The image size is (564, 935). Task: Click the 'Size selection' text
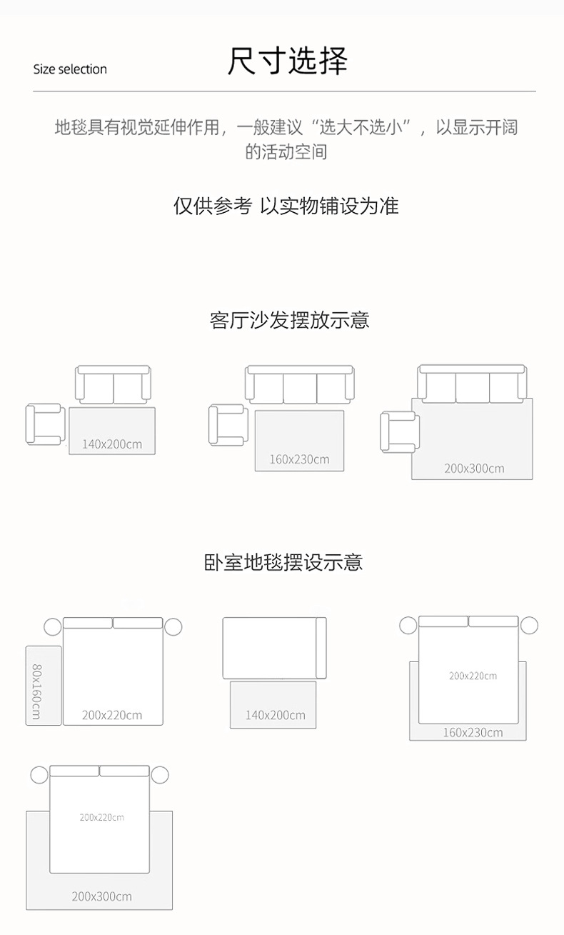70,69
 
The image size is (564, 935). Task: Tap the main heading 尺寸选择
287,61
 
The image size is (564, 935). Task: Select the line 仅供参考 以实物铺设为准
286,206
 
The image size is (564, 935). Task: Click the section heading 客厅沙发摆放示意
289,320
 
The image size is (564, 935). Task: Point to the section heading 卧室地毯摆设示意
283,562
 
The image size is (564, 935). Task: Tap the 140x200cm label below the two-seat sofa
111,444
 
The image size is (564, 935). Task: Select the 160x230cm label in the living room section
299,459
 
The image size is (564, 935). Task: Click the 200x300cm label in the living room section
474,469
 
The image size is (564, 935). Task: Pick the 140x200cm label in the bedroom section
275,715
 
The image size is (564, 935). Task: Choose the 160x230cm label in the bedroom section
473,732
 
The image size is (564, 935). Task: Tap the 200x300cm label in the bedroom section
101,896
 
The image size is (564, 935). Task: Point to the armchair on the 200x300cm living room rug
400,431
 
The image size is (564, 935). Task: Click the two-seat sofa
114,385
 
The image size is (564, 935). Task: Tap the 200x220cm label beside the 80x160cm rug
111,715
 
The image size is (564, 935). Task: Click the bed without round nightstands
274,648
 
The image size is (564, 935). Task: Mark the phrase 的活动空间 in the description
286,152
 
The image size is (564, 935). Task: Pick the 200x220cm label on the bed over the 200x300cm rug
101,817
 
